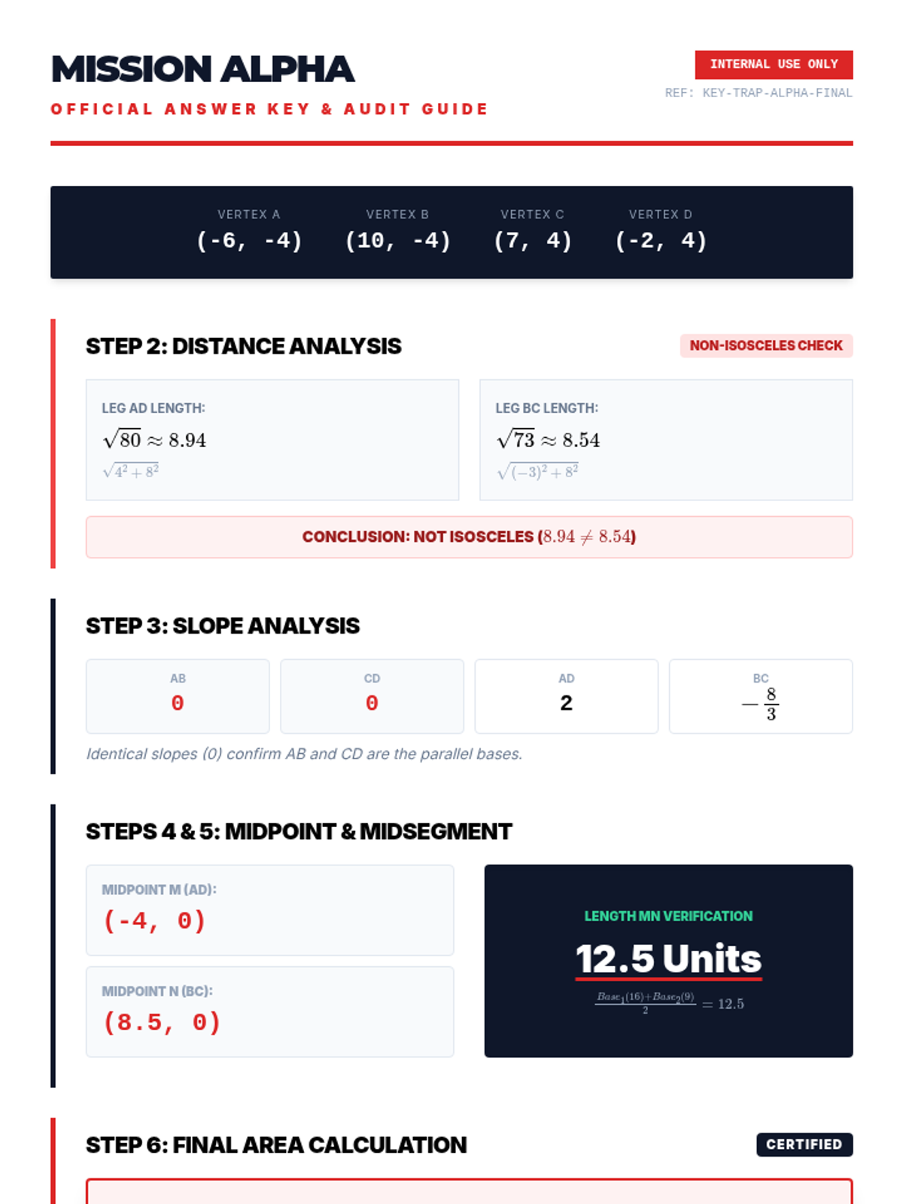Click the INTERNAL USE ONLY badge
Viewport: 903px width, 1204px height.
tap(774, 65)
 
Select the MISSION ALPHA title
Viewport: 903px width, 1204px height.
tap(203, 69)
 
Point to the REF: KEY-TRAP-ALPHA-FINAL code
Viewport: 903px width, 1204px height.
tap(759, 93)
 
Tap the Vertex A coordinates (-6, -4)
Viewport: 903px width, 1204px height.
tap(250, 241)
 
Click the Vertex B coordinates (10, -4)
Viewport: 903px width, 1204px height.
tap(398, 241)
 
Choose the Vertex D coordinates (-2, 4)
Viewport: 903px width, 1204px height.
tap(661, 241)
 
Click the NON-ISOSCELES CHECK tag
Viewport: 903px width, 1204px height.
tap(767, 345)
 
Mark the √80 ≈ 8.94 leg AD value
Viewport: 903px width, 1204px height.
tap(154, 439)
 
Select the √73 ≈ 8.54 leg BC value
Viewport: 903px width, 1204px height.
tap(549, 439)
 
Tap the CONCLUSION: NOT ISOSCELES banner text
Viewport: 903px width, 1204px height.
tap(470, 537)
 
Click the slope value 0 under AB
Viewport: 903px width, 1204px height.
tap(178, 703)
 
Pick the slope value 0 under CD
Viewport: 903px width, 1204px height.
tap(372, 703)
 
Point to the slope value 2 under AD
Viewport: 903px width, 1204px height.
tap(567, 703)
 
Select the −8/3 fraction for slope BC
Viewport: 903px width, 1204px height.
tap(761, 704)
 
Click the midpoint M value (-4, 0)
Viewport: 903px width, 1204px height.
tap(154, 920)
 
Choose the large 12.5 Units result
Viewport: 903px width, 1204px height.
tap(668, 959)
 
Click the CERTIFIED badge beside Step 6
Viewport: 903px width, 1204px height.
tap(804, 1145)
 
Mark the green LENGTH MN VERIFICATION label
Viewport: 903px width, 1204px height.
tap(668, 916)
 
